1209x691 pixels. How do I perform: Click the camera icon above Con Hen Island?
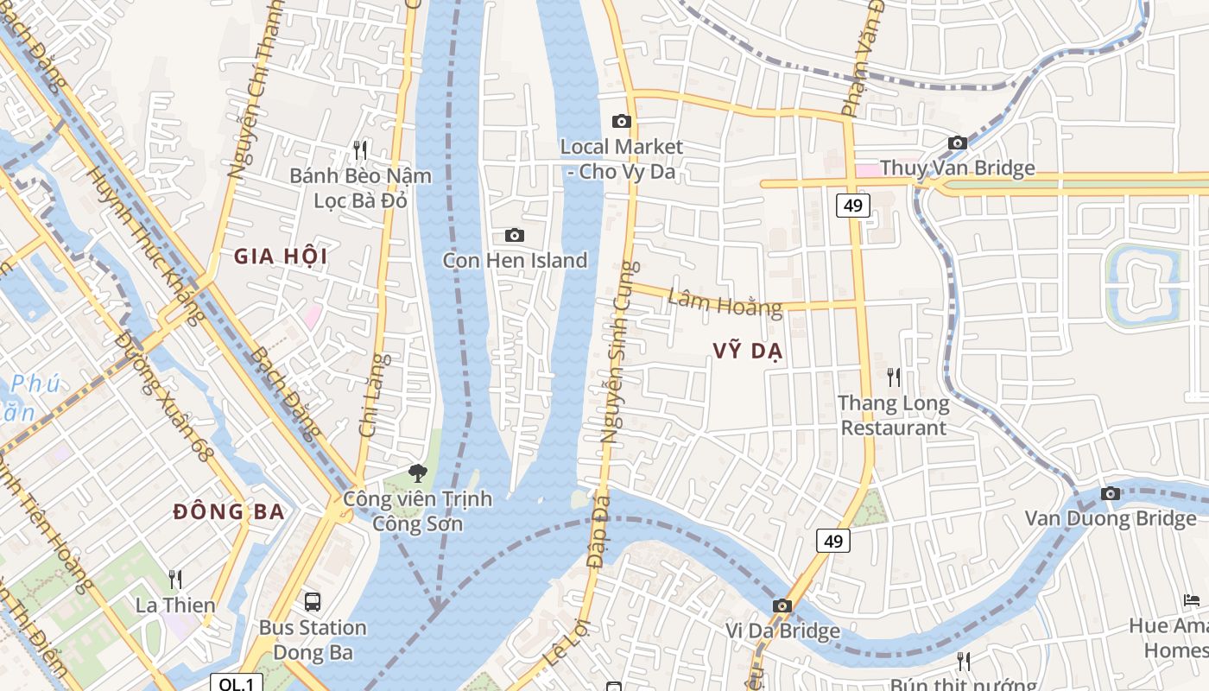[x=514, y=235]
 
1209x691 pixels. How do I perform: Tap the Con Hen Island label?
[x=515, y=260]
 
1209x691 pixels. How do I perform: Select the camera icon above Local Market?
[x=621, y=122]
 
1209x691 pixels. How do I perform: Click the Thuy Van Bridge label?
[x=957, y=168]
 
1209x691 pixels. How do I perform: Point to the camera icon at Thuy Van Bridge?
[x=957, y=143]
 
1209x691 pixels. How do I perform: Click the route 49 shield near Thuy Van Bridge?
[x=852, y=206]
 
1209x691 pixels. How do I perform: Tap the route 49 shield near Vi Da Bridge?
[x=832, y=541]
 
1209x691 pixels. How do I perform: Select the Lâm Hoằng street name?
[x=725, y=302]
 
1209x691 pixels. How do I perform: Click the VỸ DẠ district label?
[x=747, y=350]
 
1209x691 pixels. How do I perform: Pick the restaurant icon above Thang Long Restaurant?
[x=894, y=377]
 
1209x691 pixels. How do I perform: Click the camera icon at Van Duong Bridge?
[x=1111, y=494]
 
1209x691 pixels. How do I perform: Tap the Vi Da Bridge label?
[x=782, y=631]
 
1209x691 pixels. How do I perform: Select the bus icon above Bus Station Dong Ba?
[x=313, y=601]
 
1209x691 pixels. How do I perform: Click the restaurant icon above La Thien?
[x=175, y=579]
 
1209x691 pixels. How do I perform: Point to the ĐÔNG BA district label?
[x=229, y=511]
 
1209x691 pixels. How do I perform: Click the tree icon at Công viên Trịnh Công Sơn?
[x=418, y=472]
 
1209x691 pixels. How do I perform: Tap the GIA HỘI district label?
[x=281, y=256]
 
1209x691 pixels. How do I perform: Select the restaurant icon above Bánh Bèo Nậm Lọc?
[x=360, y=150]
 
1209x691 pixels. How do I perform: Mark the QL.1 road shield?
[x=237, y=683]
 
